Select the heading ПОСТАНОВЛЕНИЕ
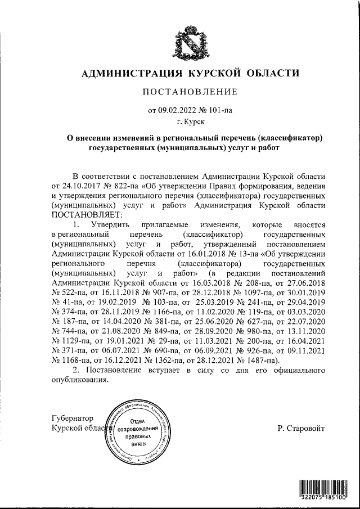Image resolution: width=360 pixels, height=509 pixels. [189, 92]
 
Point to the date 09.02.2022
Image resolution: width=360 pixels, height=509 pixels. [179, 110]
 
